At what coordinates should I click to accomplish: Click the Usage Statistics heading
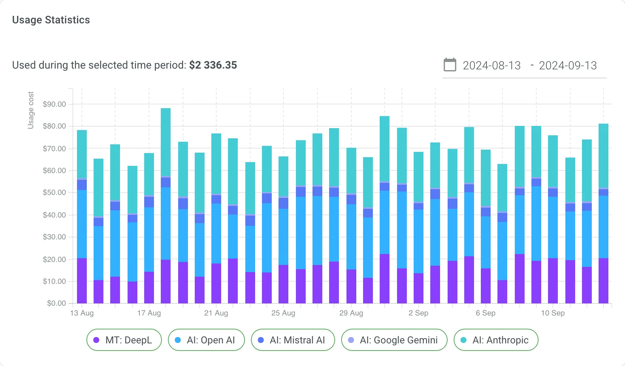coord(51,20)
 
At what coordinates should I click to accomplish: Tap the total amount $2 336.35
coord(213,65)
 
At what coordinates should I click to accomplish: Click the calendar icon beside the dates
coord(450,65)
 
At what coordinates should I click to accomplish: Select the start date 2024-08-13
coord(491,66)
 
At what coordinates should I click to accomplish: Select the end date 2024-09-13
coord(568,66)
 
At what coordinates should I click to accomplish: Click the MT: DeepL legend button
coord(124,340)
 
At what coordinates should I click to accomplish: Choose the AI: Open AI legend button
coord(206,340)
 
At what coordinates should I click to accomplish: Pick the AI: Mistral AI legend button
coord(293,340)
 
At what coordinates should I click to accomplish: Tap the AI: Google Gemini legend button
coord(394,340)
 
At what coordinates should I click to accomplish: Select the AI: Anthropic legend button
coord(496,340)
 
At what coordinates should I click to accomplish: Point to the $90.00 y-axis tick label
coord(54,104)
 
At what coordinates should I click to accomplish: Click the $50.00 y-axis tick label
coord(54,193)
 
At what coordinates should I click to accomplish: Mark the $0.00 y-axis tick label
coord(56,303)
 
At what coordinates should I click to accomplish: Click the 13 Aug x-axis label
coord(82,313)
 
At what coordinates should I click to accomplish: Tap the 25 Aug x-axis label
coord(283,313)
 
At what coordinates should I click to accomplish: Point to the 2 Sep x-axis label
coord(418,313)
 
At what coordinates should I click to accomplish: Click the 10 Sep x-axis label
coord(553,313)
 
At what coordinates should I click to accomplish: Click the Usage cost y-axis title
coord(31,110)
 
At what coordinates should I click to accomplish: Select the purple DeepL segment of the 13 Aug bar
coord(82,281)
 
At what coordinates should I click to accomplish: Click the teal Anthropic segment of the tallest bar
coord(166,142)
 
